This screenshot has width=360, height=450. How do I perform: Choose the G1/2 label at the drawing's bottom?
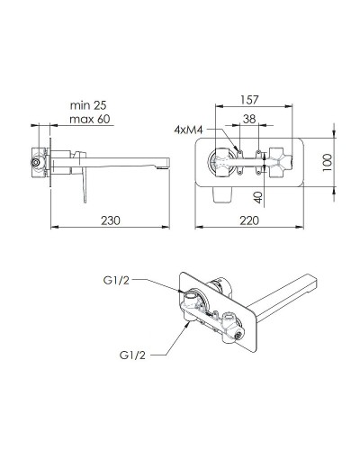133,355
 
